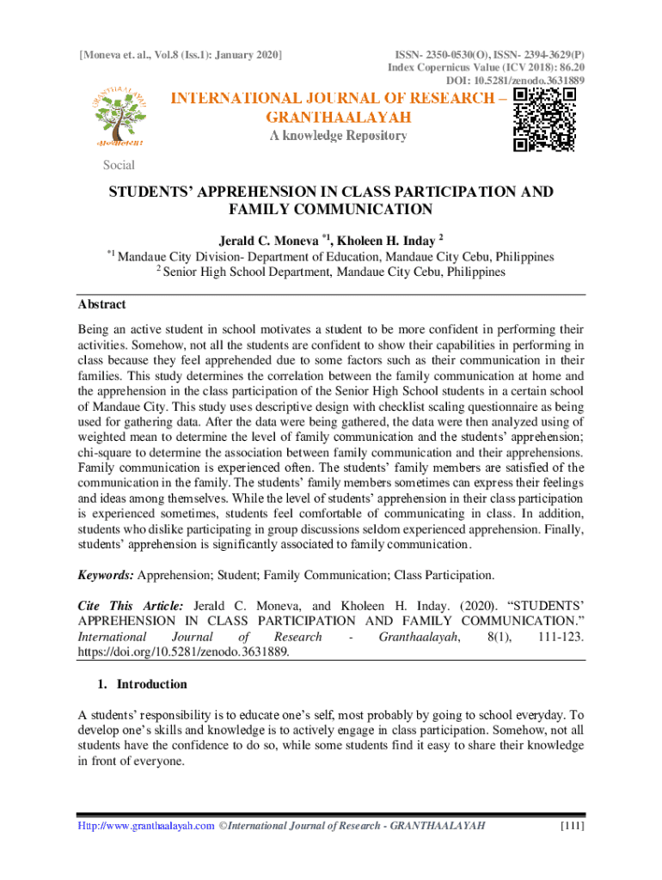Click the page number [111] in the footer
572,826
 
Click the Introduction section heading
151,685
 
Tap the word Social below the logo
119,165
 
